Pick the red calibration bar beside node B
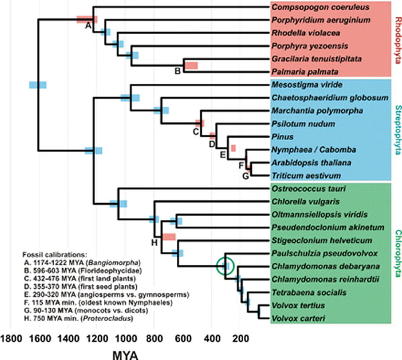[192, 65]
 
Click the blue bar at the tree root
[38, 84]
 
